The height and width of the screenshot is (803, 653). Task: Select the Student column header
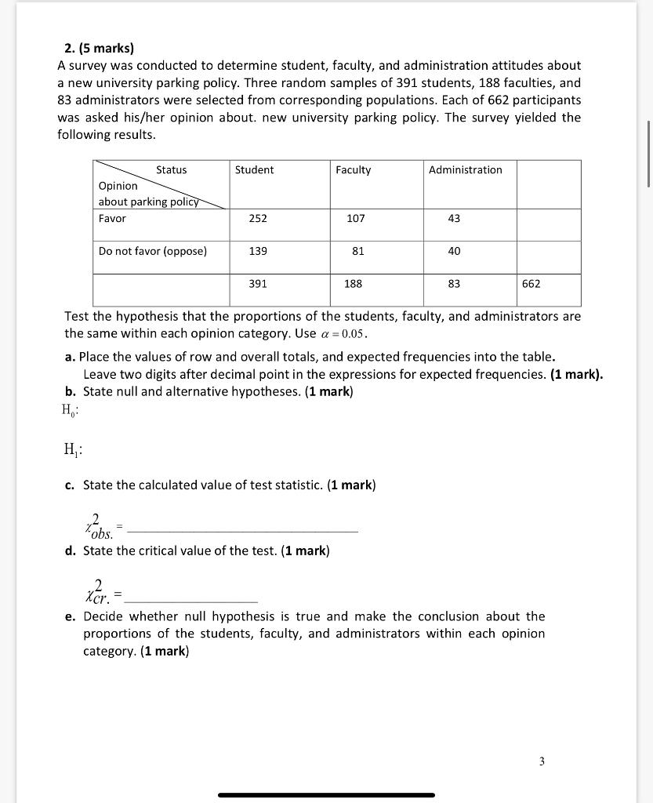pyautogui.click(x=254, y=170)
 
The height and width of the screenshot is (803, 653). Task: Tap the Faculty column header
pyautogui.click(x=353, y=170)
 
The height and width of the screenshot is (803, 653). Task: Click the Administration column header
pyautogui.click(x=465, y=170)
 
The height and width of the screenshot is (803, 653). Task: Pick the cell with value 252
pyautogui.click(x=258, y=219)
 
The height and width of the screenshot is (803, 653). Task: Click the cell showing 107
pyautogui.click(x=355, y=219)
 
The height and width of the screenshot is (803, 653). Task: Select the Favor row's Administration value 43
pyautogui.click(x=454, y=219)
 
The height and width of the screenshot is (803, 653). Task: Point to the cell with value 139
pyautogui.click(x=258, y=251)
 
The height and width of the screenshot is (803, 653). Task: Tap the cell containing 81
pyautogui.click(x=357, y=251)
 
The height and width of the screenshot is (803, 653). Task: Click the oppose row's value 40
pyautogui.click(x=454, y=251)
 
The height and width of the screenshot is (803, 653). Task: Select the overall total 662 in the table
pyautogui.click(x=531, y=284)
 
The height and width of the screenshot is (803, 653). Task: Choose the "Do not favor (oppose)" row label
pyautogui.click(x=153, y=251)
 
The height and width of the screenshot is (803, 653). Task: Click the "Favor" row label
pyautogui.click(x=112, y=219)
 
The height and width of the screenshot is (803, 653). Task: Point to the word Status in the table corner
pyautogui.click(x=171, y=170)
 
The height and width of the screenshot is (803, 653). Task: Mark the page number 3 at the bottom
pyautogui.click(x=542, y=761)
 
